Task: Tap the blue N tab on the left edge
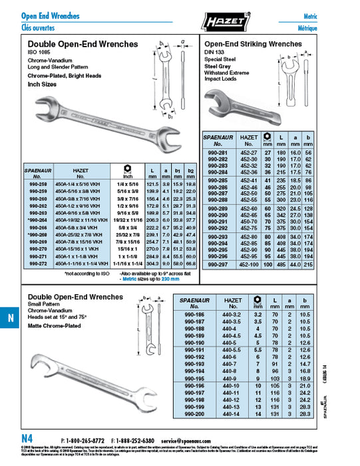click(9, 319)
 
